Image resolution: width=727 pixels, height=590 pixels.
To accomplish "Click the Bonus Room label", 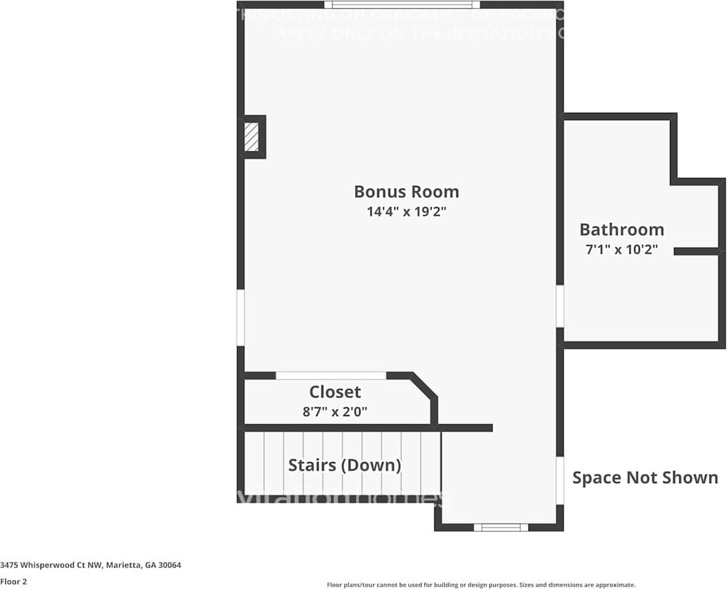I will pyautogui.click(x=406, y=192).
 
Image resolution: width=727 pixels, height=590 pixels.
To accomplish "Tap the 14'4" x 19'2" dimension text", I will pyautogui.click(x=406, y=212).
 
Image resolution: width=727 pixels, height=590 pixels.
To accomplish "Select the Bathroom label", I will pyautogui.click(x=621, y=230).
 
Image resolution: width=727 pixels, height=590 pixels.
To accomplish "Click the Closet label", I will pyautogui.click(x=335, y=392).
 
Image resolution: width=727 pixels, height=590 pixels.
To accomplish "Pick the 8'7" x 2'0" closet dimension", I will pyautogui.click(x=335, y=411).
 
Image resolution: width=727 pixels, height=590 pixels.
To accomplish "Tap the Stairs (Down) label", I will pyautogui.click(x=345, y=465).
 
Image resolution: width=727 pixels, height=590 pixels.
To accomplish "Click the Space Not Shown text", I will pyautogui.click(x=645, y=478).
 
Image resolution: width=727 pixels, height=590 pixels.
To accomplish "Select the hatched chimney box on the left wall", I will pyautogui.click(x=252, y=137).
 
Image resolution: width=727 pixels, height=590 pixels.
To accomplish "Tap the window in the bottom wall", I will pyautogui.click(x=501, y=528).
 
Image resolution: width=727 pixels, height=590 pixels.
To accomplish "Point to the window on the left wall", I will pyautogui.click(x=241, y=318).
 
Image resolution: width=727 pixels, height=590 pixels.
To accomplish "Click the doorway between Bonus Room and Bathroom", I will pyautogui.click(x=560, y=306).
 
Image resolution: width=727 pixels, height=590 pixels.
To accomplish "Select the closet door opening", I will pyautogui.click(x=331, y=376).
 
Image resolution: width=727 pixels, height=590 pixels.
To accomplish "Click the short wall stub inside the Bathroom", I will pyautogui.click(x=696, y=251).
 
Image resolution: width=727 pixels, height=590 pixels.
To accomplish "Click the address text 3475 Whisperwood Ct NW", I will pyautogui.click(x=91, y=565).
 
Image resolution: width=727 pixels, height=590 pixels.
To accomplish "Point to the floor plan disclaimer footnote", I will pyautogui.click(x=481, y=585).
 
